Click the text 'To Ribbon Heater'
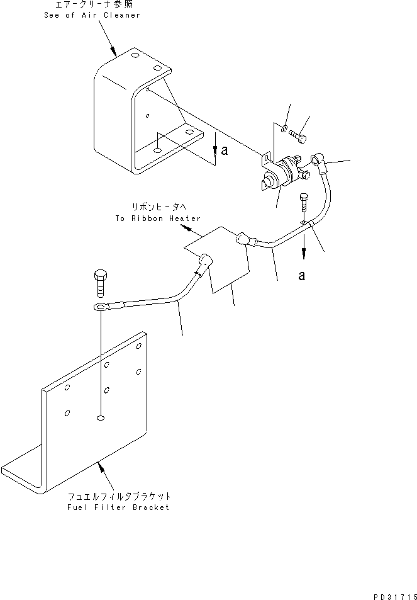[158, 218]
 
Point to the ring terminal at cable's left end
[99, 307]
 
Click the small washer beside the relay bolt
[285, 128]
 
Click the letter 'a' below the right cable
[302, 276]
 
